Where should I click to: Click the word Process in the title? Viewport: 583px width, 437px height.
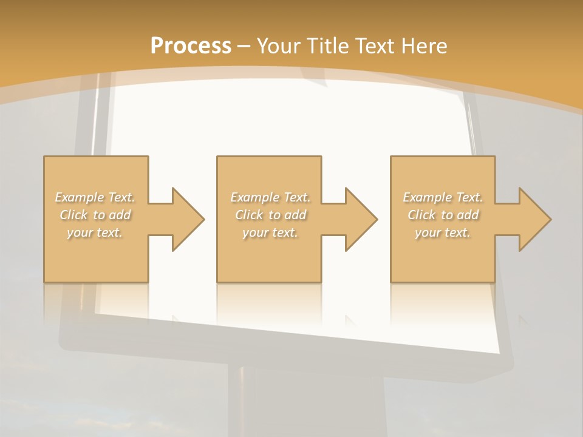[191, 46]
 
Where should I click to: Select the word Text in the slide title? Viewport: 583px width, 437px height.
[375, 46]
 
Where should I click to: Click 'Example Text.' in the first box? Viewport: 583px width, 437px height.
[95, 197]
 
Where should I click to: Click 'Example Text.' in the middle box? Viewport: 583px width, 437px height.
[270, 197]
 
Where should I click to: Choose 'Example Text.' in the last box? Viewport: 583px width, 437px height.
[443, 197]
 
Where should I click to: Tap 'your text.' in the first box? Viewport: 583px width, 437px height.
[95, 232]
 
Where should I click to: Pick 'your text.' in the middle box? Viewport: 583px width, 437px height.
[270, 232]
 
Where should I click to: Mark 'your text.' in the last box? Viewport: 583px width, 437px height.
[443, 232]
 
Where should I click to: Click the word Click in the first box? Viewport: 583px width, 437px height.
[73, 215]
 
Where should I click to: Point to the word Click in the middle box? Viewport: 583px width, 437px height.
[249, 215]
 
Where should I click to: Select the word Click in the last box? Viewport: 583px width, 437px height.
[421, 215]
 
